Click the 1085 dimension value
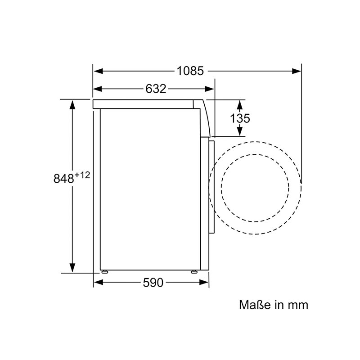click(x=190, y=71)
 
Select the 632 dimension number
click(x=156, y=89)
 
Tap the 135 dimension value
click(x=240, y=118)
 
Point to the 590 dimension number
click(x=153, y=283)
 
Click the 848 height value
click(x=63, y=178)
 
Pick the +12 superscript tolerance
click(x=82, y=175)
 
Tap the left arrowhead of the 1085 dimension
click(x=98, y=71)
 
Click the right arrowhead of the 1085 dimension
click(x=297, y=71)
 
